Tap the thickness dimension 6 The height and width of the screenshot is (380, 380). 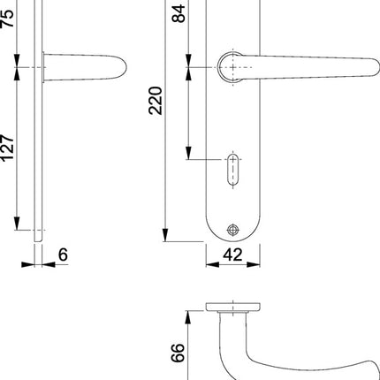click(x=62, y=255)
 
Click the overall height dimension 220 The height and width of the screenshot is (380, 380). click(x=157, y=113)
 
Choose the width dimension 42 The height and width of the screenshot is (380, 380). click(x=234, y=255)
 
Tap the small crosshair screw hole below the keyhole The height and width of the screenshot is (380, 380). click(x=232, y=228)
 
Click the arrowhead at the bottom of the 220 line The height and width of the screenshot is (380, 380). click(x=165, y=236)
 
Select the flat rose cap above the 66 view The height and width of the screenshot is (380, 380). click(x=232, y=308)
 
